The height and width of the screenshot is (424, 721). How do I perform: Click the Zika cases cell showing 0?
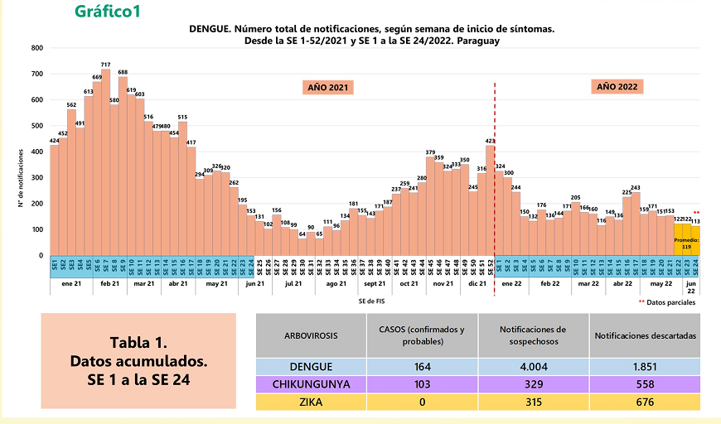click(x=422, y=402)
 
